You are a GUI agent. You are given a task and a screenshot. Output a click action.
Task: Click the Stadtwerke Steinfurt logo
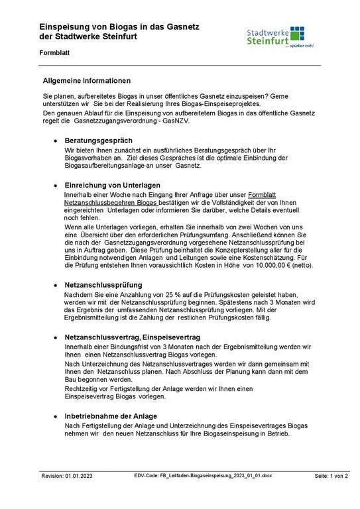tap(279, 37)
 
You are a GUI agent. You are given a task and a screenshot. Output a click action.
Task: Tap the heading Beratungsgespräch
tap(98, 141)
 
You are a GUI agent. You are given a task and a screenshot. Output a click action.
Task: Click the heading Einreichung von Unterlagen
tap(112, 184)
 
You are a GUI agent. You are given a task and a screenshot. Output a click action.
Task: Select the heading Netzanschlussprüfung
tap(103, 284)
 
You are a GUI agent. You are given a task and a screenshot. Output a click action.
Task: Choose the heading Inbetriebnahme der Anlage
tap(111, 416)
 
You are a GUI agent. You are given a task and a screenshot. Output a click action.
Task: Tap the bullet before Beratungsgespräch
tap(55, 141)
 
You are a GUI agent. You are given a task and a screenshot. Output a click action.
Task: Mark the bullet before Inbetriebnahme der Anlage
tap(55, 416)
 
